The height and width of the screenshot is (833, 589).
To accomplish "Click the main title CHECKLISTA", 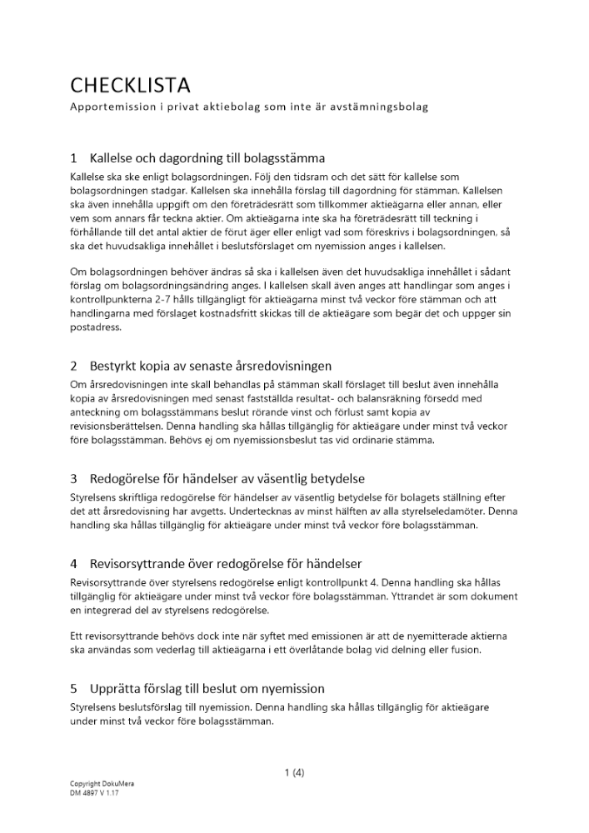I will coord(130,85).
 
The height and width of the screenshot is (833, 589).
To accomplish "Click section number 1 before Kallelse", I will coord(74,157).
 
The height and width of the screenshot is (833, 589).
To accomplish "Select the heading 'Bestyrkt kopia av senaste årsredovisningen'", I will coord(211,366).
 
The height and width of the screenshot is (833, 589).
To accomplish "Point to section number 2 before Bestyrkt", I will coord(74,366).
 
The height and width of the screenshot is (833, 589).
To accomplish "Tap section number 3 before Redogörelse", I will coord(74,478).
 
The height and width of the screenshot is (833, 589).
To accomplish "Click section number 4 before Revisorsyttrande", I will coord(74,564).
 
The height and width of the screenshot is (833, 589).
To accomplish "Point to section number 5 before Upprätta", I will coord(74,688).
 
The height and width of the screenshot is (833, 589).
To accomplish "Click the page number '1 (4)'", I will coord(294,772).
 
